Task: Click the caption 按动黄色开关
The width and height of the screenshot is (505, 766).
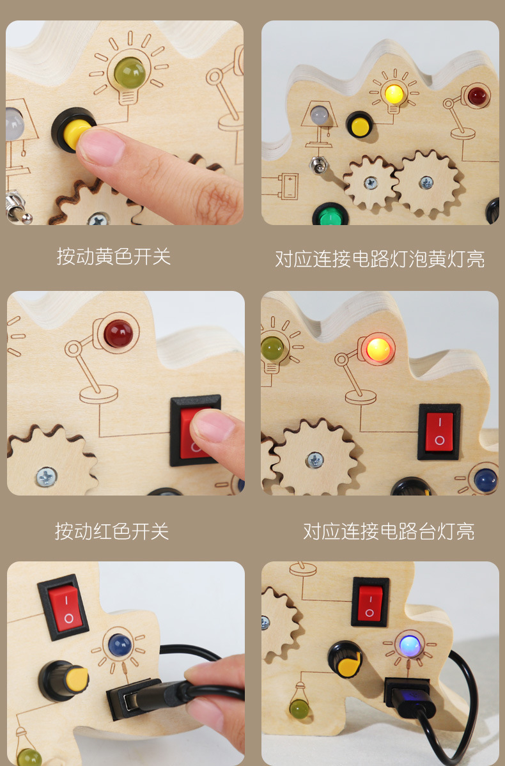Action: coord(114,257)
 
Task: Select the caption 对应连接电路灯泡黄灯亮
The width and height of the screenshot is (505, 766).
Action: coord(380,259)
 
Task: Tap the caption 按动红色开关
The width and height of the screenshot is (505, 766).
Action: coord(112,531)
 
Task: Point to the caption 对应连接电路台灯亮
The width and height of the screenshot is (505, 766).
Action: coord(389,531)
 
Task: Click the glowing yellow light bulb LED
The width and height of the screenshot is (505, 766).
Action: coord(394,94)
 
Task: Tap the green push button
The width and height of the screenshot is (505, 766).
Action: coord(330,215)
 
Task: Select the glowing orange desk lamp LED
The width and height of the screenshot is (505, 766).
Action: coord(378,348)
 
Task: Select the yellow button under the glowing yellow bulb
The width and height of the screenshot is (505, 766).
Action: coord(361,125)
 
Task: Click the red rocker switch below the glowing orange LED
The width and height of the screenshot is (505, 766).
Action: coord(439,432)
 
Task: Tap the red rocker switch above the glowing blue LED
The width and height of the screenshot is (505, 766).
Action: coord(369,602)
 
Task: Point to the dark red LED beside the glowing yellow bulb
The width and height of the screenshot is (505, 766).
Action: coord(476,97)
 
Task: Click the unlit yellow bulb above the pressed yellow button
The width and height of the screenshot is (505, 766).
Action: coord(130,70)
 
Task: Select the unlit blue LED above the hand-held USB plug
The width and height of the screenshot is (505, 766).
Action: coord(120,645)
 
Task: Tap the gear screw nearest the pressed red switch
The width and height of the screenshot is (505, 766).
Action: coord(46,476)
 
